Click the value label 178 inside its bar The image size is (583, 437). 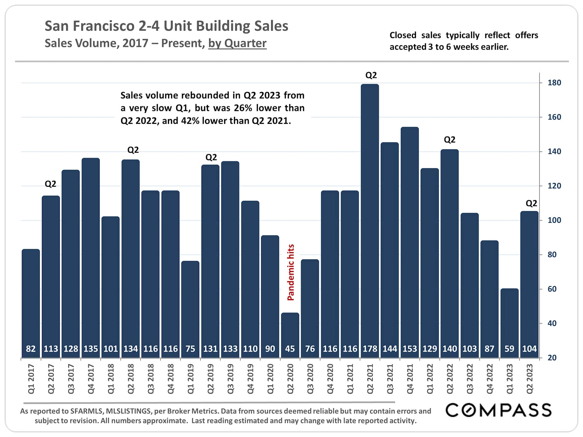[370, 349]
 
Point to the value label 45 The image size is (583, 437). [290, 349]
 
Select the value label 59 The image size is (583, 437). [510, 349]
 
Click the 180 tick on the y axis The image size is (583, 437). [554, 83]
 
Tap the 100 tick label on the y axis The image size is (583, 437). [554, 220]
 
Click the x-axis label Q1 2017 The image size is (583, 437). [31, 379]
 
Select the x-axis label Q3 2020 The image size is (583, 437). [310, 379]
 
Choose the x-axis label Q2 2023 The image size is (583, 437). [530, 379]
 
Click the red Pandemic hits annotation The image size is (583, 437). [291, 272]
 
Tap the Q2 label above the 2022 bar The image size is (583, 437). [450, 140]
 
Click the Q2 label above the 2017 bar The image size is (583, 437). [50, 184]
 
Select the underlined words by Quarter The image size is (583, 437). [237, 43]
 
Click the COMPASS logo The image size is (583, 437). [498, 410]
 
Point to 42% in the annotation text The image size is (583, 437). [190, 121]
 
